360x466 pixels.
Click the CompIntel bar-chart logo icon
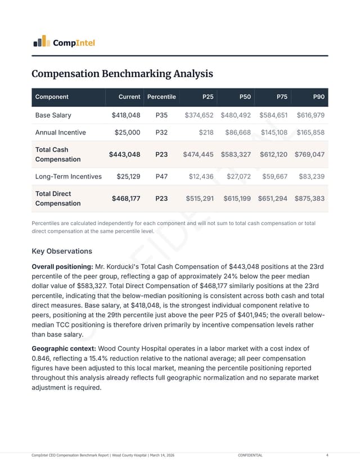coord(40,41)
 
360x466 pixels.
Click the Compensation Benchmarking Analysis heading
coord(122,74)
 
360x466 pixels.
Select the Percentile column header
coord(161,97)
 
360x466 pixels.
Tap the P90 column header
coord(318,97)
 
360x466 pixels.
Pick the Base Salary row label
coord(53,115)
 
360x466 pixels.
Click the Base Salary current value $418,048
coord(126,115)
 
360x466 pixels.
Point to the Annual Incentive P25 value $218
coord(206,133)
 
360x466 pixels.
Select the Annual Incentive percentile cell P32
coord(161,133)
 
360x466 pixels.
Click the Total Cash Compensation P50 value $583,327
coord(236,154)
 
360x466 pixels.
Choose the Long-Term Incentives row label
coord(69,176)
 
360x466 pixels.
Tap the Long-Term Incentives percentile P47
coord(161,176)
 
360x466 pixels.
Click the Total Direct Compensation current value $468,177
coord(126,198)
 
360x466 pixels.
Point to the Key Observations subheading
coord(62,251)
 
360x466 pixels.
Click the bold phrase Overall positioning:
coord(62,266)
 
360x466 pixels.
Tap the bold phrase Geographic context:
coord(64,348)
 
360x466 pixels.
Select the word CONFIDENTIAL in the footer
coord(250,455)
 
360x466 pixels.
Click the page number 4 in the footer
coord(327,455)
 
